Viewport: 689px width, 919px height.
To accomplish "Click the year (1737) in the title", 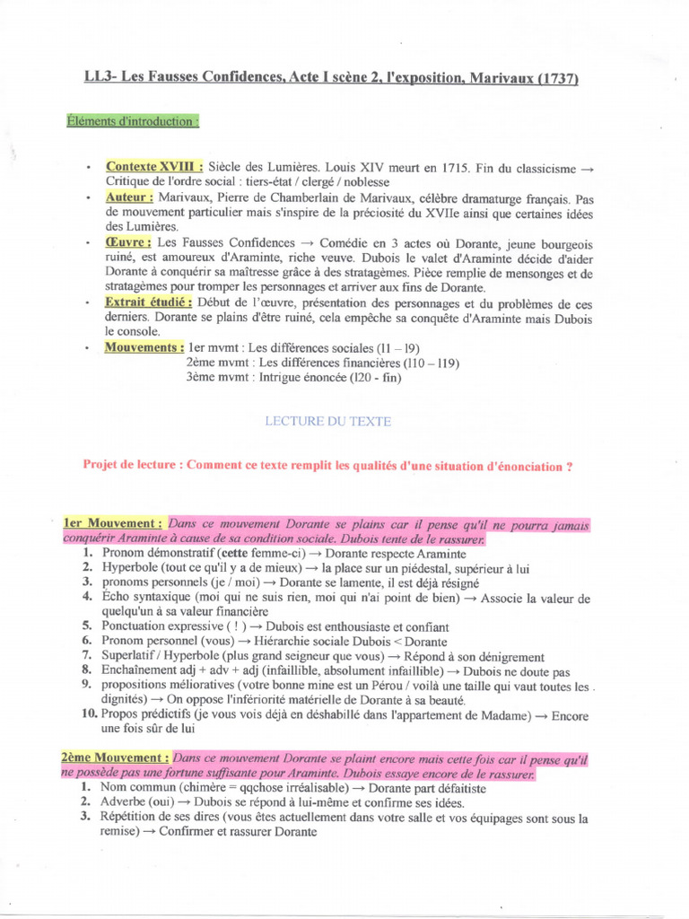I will [556, 79].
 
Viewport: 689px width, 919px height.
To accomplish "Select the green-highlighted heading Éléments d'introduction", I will [133, 121].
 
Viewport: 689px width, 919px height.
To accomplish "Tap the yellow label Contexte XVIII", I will [154, 167].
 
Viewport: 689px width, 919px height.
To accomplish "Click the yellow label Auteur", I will [130, 197].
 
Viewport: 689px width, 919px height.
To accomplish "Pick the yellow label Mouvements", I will [144, 346].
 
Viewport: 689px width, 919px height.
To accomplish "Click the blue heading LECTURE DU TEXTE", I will [328, 420].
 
